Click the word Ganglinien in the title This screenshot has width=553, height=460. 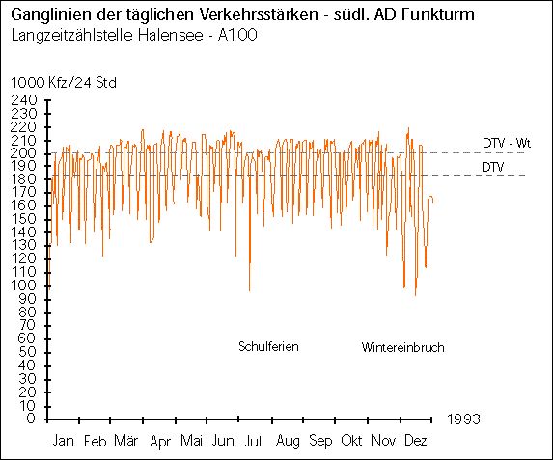pos(47,17)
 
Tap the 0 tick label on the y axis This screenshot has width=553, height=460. pos(32,419)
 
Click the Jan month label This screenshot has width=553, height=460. pos(63,441)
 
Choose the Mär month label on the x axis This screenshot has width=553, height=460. pos(125,441)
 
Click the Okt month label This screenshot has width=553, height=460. pos(352,441)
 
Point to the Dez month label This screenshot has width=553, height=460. pos(417,441)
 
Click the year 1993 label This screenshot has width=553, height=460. pos(464,419)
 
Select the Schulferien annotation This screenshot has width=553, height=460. pos(268,347)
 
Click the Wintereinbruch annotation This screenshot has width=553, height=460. pos(402,347)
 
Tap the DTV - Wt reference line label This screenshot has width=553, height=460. pos(507,143)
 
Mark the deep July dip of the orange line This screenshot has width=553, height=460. pos(249,289)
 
